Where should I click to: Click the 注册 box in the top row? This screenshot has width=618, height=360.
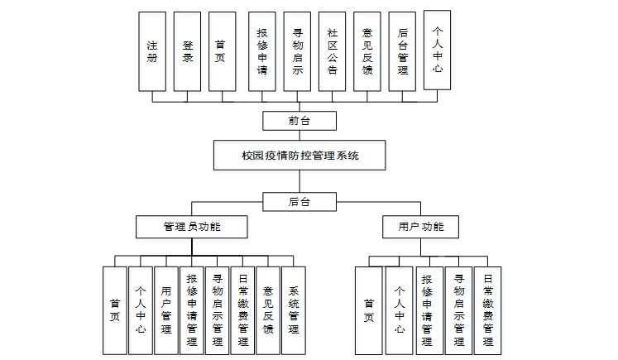click(x=151, y=51)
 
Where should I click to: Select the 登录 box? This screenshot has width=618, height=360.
click(x=187, y=51)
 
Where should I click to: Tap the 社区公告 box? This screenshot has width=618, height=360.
click(x=332, y=51)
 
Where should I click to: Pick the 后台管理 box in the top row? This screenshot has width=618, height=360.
click(x=402, y=51)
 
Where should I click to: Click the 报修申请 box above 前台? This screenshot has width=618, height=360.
click(x=262, y=51)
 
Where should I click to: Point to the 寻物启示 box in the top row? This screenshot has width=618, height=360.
click(x=297, y=51)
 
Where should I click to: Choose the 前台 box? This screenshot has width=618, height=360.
click(x=299, y=121)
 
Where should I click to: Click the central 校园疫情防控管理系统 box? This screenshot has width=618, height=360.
click(x=299, y=155)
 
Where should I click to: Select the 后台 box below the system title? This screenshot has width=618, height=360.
click(x=299, y=201)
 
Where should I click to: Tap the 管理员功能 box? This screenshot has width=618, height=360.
click(x=192, y=226)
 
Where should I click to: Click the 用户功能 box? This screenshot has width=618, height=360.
click(x=420, y=226)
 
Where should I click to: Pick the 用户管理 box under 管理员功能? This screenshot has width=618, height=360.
click(x=166, y=310)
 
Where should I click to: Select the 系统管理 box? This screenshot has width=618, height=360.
click(x=294, y=310)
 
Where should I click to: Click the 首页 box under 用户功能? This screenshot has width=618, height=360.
click(x=369, y=310)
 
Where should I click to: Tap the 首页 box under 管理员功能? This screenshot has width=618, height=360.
click(x=114, y=310)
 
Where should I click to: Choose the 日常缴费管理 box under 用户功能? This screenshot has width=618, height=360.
click(x=487, y=310)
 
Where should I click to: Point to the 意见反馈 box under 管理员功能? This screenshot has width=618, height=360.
click(x=268, y=310)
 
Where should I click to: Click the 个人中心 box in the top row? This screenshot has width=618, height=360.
click(x=438, y=50)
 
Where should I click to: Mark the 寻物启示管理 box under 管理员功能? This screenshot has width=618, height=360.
click(x=218, y=310)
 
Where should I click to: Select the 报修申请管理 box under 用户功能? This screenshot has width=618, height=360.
click(x=427, y=310)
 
